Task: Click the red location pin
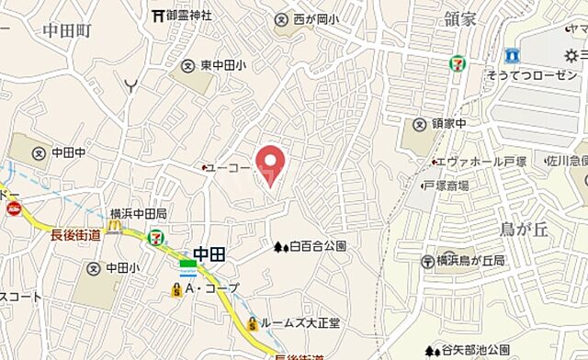pos(269,163)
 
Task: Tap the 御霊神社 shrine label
pos(188,16)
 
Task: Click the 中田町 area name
pos(67,29)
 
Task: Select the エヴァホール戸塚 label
pos(487,162)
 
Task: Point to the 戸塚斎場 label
pos(447,186)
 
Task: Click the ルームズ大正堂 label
pos(300,323)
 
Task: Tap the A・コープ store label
pos(211,288)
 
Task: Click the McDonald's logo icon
pos(115,224)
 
